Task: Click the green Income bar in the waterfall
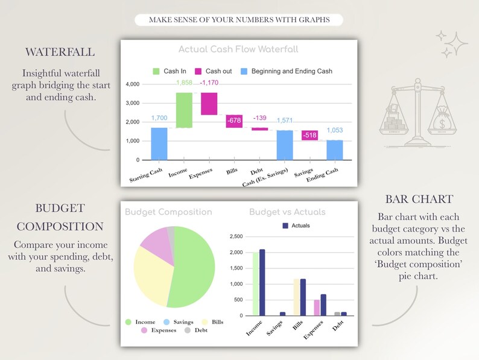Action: click(184, 110)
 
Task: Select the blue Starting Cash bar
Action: click(159, 144)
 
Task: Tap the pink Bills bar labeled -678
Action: click(234, 121)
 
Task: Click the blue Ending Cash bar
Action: click(334, 150)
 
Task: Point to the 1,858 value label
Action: click(184, 82)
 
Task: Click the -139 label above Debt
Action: click(259, 118)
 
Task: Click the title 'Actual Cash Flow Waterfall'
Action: click(238, 49)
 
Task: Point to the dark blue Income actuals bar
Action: click(262, 282)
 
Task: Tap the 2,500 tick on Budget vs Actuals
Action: click(235, 236)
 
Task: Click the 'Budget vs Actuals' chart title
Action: click(287, 212)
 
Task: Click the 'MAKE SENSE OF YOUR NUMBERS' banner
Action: click(239, 20)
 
